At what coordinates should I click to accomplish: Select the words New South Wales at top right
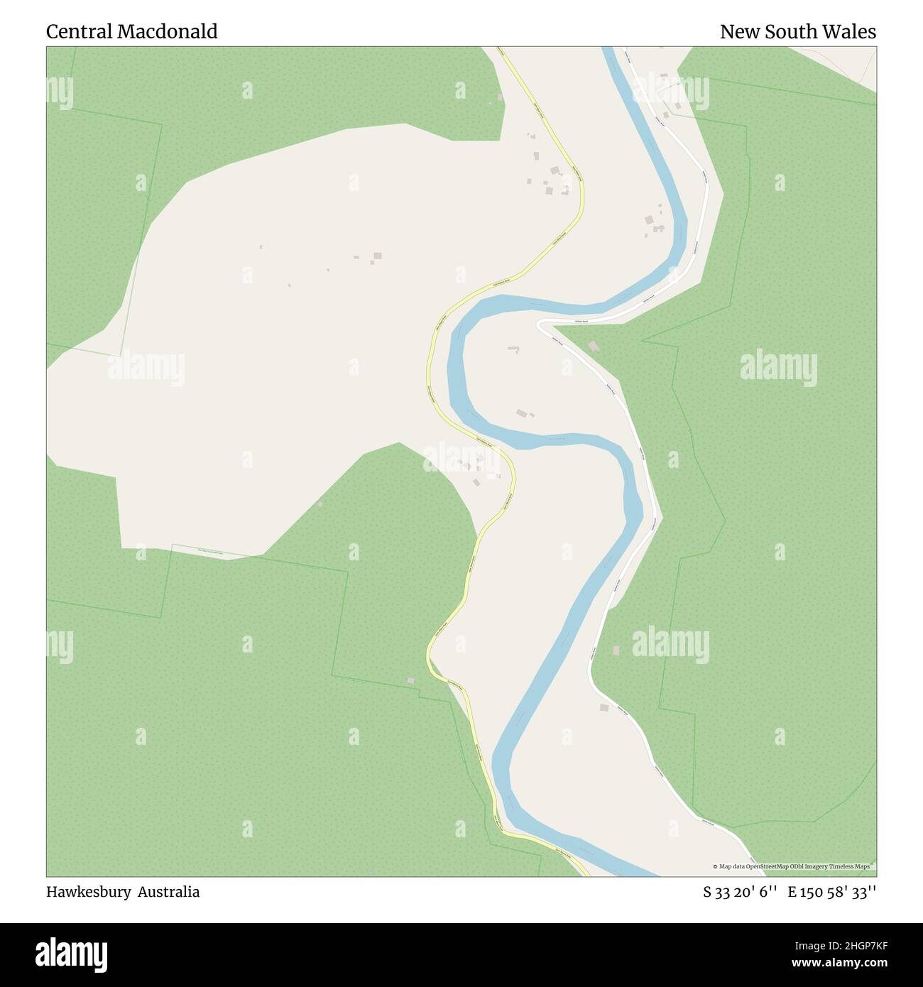click(x=797, y=32)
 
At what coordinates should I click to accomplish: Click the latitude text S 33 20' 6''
click(x=740, y=892)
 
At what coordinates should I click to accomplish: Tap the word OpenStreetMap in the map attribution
click(x=764, y=866)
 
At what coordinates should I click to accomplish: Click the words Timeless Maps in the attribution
click(x=853, y=866)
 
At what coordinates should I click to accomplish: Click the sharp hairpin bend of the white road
click(x=540, y=323)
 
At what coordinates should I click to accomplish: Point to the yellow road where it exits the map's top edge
click(x=503, y=48)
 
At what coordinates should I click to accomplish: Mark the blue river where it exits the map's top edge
click(x=608, y=48)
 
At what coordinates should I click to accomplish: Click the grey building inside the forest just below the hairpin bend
click(x=594, y=347)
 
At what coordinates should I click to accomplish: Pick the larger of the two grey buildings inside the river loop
click(x=523, y=413)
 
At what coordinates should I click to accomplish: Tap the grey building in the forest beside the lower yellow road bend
click(x=410, y=680)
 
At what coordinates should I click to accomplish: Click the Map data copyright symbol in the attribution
click(x=716, y=866)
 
